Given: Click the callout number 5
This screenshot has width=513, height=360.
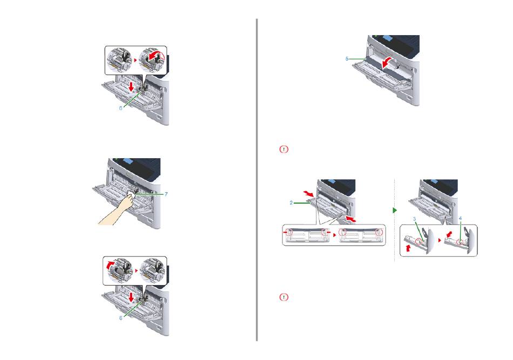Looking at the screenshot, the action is [347, 59].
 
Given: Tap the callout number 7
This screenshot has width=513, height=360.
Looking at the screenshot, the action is [166, 194].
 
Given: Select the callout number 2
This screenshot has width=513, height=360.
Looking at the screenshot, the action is [291, 203].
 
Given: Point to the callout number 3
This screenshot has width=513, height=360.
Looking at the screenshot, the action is [414, 219].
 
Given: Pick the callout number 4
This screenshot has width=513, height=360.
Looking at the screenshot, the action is [460, 218].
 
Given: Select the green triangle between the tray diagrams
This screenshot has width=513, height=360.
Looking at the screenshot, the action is [395, 210].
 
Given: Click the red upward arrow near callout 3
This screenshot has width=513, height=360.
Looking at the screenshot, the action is [408, 248].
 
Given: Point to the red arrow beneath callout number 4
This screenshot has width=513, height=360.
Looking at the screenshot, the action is [450, 234].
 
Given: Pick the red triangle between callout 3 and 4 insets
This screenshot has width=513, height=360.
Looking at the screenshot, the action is [440, 240].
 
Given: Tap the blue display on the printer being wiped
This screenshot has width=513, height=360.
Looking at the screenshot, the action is [128, 161].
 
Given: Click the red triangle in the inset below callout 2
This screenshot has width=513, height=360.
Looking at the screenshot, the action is [334, 235].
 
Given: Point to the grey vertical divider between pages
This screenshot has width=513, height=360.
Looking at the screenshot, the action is [257, 180].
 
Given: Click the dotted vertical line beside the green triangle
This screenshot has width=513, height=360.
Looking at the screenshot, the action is [395, 220].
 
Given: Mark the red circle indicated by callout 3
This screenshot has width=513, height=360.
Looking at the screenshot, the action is [419, 242].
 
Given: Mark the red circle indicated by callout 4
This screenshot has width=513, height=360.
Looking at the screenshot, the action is [460, 242].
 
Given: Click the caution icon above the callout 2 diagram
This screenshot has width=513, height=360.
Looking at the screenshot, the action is [284, 149].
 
